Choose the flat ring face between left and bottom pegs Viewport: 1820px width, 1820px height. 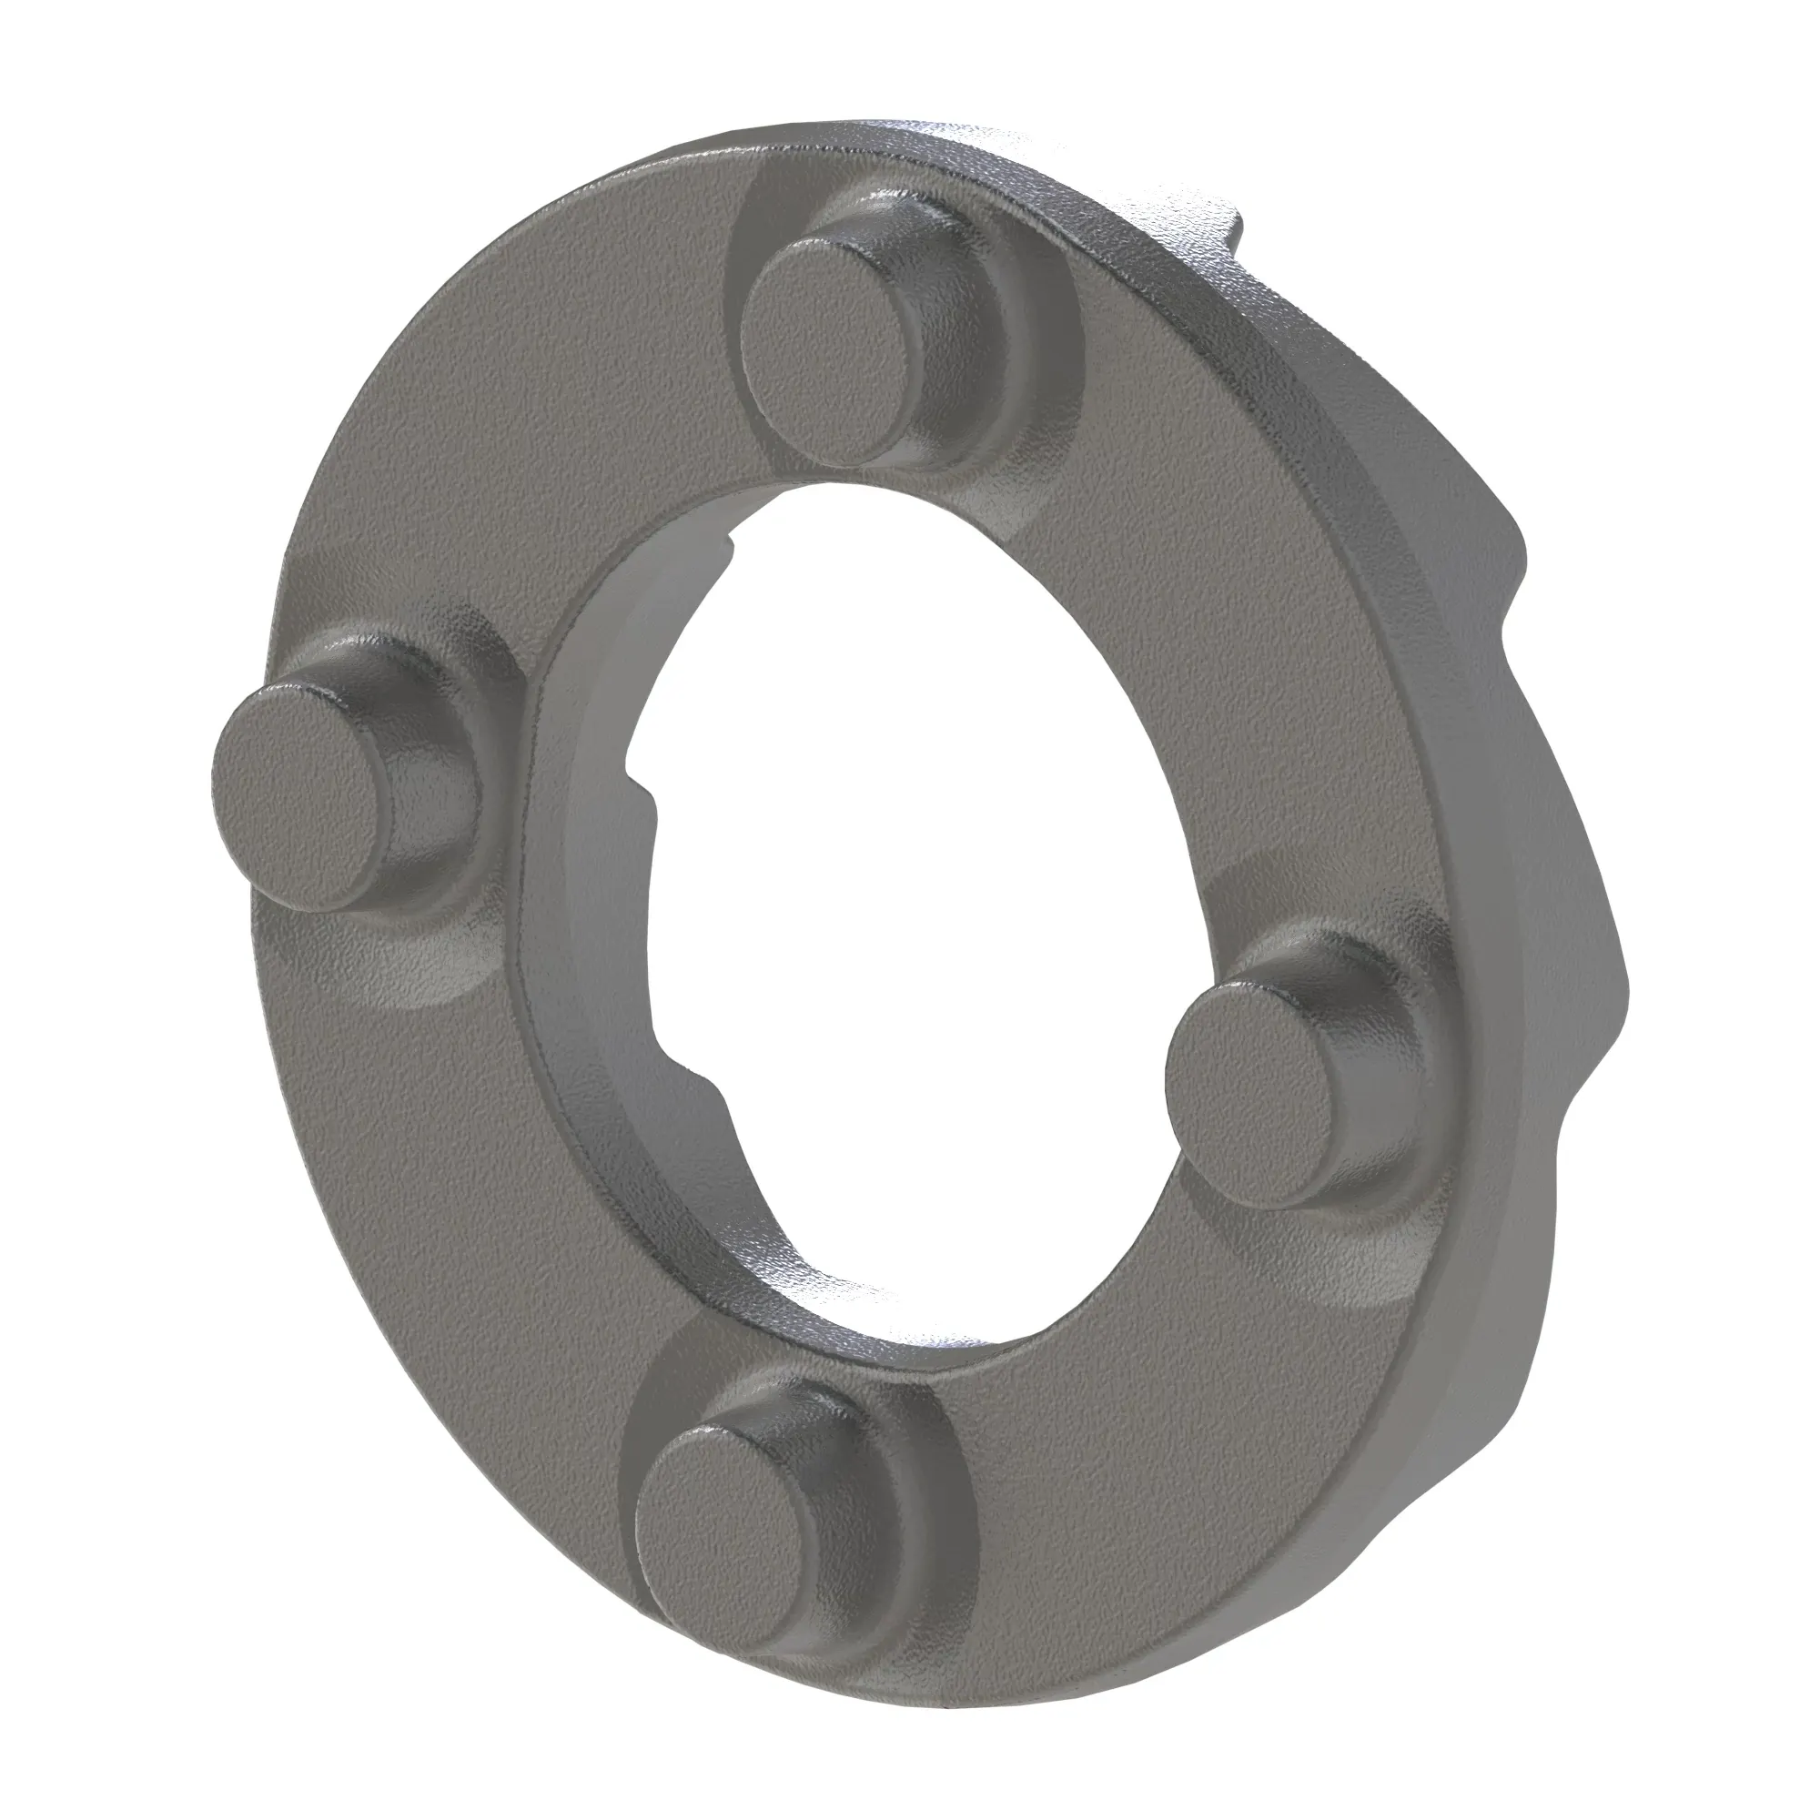424,1178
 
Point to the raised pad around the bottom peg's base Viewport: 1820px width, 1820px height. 933,1470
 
